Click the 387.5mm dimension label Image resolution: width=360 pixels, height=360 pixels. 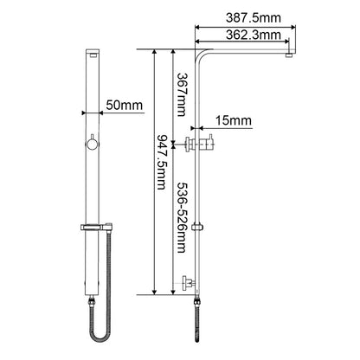pos(253,18)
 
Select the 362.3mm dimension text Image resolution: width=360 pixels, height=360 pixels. pos(253,35)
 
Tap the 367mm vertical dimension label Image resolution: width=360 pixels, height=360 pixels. pos(182,95)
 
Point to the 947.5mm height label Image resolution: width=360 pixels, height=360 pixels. pos(161,163)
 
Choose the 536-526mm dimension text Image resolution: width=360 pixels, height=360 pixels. pos(181,217)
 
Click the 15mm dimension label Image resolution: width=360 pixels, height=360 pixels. pos(234,120)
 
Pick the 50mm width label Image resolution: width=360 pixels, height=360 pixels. pos(125,105)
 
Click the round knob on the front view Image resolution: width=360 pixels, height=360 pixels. pos(93,144)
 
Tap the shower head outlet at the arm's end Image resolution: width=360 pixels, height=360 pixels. pos(290,55)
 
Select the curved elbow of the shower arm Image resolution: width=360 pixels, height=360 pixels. pos(199,55)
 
